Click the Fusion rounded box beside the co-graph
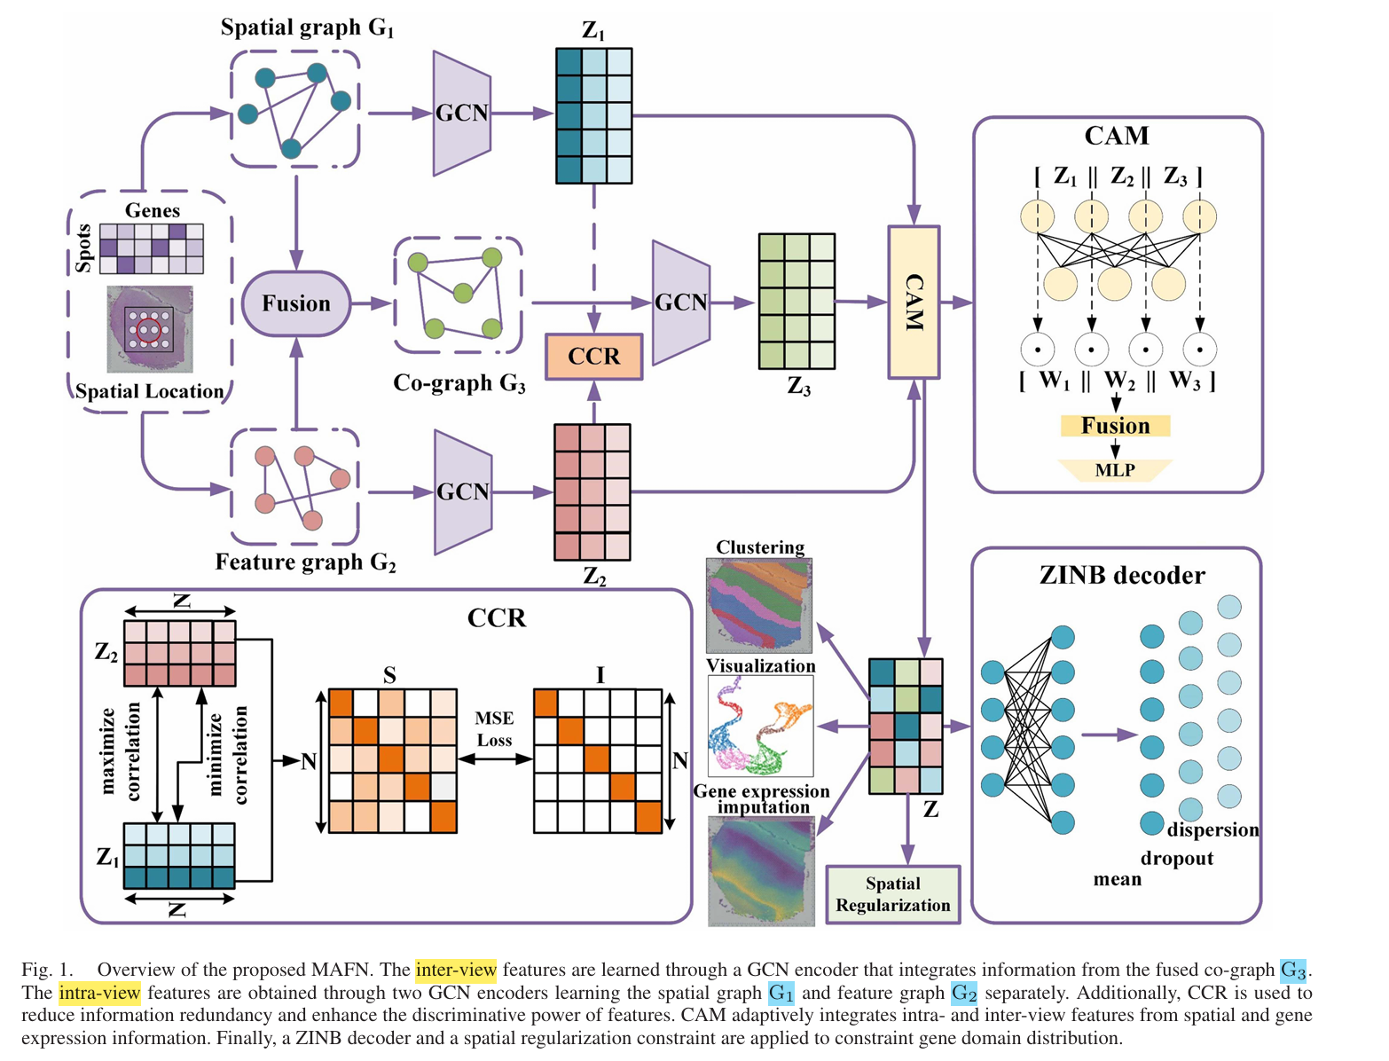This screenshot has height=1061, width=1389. pyautogui.click(x=296, y=303)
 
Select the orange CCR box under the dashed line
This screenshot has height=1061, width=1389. pyautogui.click(x=593, y=357)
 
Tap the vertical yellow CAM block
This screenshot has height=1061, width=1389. pyautogui.click(x=914, y=303)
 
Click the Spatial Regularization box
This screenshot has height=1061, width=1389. pyautogui.click(x=892, y=894)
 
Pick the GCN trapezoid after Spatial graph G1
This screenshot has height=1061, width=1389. pyautogui.click(x=461, y=114)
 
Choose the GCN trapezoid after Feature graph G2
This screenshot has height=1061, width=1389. pyautogui.click(x=462, y=492)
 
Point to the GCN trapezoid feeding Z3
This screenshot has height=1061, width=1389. pyautogui.click(x=680, y=303)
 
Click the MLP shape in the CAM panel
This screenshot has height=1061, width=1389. pyautogui.click(x=1115, y=470)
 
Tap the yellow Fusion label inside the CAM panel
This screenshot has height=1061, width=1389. pyautogui.click(x=1115, y=426)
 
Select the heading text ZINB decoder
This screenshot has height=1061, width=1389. pyautogui.click(x=1122, y=576)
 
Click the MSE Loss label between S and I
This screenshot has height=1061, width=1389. pyautogui.click(x=494, y=729)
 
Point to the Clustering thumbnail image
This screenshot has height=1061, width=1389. pyautogui.click(x=759, y=605)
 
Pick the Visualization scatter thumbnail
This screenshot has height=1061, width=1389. pyautogui.click(x=760, y=726)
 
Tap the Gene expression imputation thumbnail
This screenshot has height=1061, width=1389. pyautogui.click(x=761, y=871)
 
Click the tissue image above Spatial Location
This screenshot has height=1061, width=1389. pyautogui.click(x=149, y=329)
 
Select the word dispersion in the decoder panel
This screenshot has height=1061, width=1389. pyautogui.click(x=1212, y=830)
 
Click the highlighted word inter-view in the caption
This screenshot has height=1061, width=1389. pyautogui.click(x=456, y=970)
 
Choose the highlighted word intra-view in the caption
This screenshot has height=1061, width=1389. pyautogui.click(x=99, y=993)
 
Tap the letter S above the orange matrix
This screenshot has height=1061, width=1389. pyautogui.click(x=389, y=676)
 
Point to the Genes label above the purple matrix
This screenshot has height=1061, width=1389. pyautogui.click(x=152, y=210)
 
